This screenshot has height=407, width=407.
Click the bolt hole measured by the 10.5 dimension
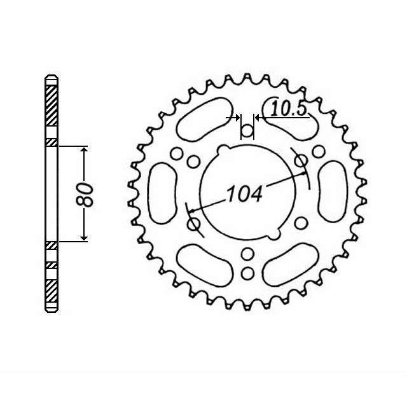click(247, 132)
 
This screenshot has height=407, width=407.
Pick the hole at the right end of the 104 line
click(301, 161)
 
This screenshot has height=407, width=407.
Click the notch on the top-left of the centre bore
click(222, 150)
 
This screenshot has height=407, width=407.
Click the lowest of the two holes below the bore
click(247, 273)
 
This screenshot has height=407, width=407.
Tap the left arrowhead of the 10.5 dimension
click(238, 118)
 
